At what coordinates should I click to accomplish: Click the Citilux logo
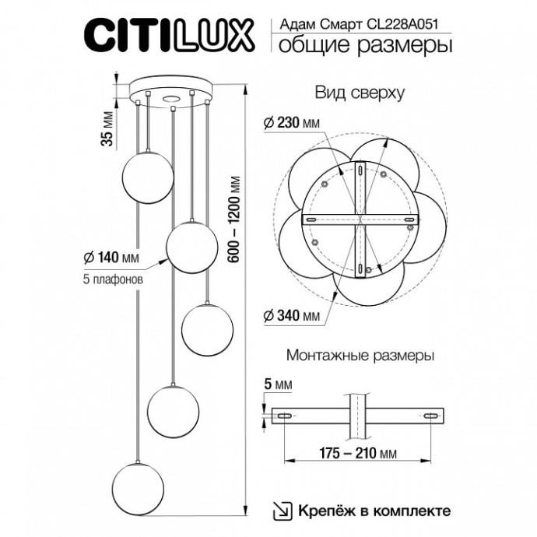tap(168, 36)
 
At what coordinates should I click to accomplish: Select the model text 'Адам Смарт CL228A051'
tap(361, 24)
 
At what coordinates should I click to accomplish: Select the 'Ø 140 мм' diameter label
tap(109, 257)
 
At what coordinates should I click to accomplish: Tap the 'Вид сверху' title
tap(359, 93)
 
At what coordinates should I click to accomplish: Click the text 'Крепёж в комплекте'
tap(373, 511)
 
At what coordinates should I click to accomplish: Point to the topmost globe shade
tap(147, 175)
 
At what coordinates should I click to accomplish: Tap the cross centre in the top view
tap(359, 221)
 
